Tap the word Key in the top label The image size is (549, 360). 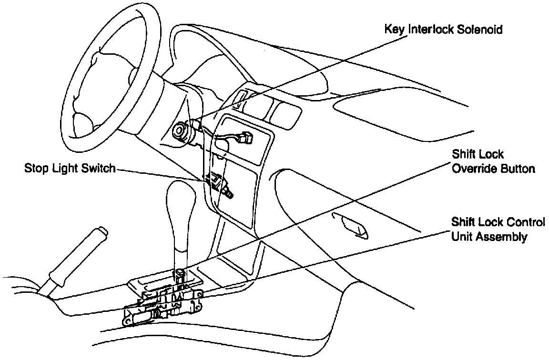(394, 30)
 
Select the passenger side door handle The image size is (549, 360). (350, 224)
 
